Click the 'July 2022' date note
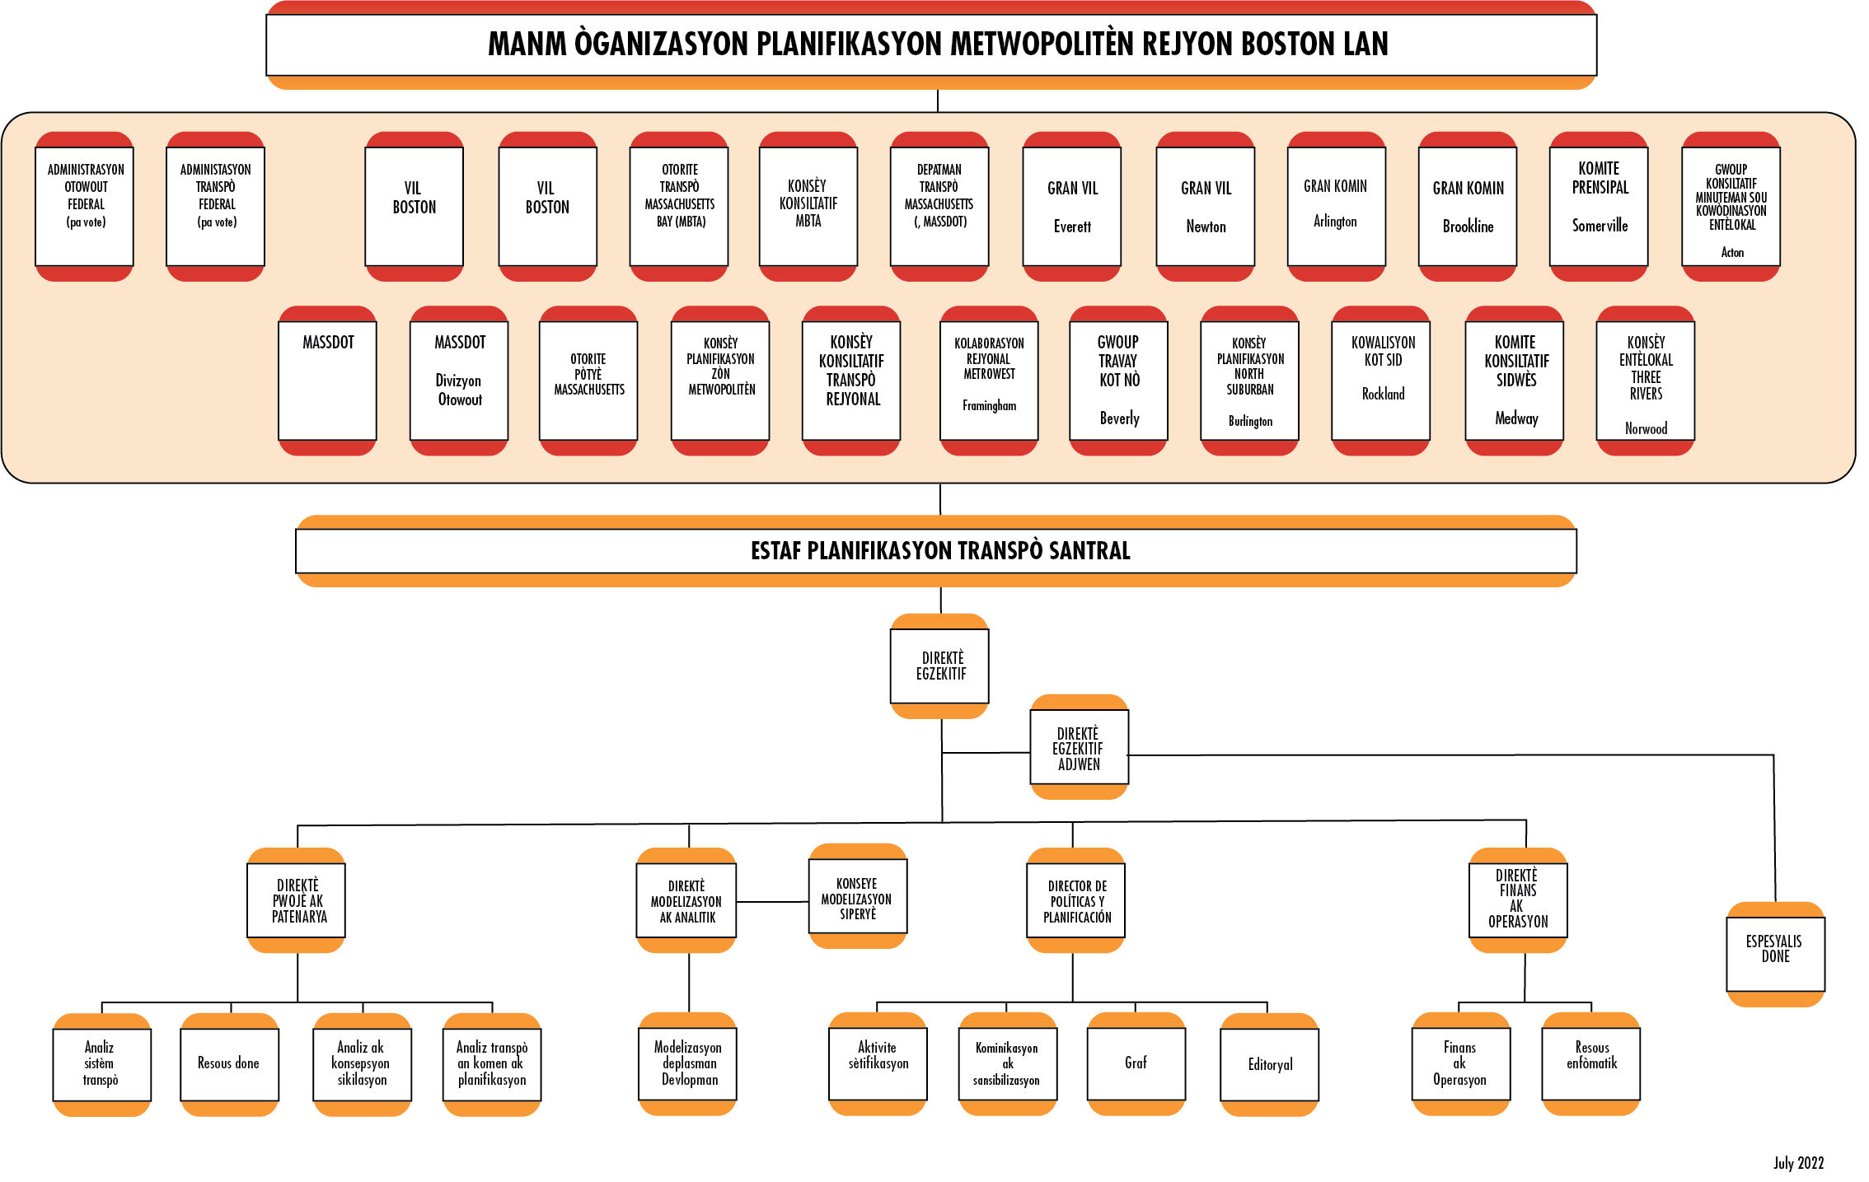pos(1798,1162)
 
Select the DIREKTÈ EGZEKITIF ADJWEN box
pos(1079,748)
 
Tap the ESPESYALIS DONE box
pos(1775,950)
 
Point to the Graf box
pos(1136,1063)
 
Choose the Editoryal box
pos(1269,1064)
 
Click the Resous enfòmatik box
pos(1590,1063)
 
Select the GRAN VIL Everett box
pos(1071,206)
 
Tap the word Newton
pos(1206,227)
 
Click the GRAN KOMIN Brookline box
pos(1467,206)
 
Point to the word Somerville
pos(1600,226)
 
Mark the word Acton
pos(1732,253)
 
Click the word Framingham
pos(989,405)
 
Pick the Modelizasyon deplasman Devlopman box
pos(688,1063)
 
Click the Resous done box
pos(229,1063)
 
